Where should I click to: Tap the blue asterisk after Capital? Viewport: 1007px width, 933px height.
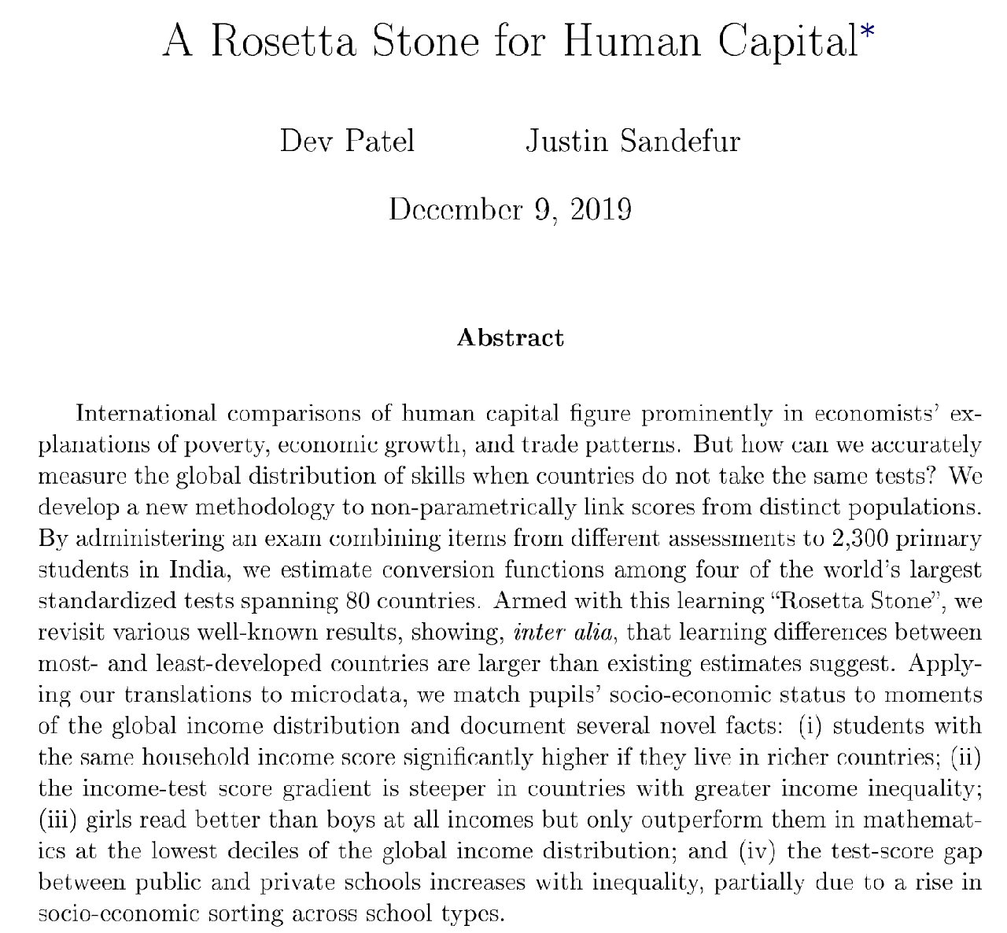click(x=866, y=32)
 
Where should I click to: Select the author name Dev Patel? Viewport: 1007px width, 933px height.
click(x=347, y=142)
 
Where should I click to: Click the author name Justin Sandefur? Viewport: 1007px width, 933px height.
click(x=632, y=142)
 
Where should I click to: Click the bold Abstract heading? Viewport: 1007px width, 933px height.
click(x=510, y=338)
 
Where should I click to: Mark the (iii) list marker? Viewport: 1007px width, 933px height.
click(x=58, y=820)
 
